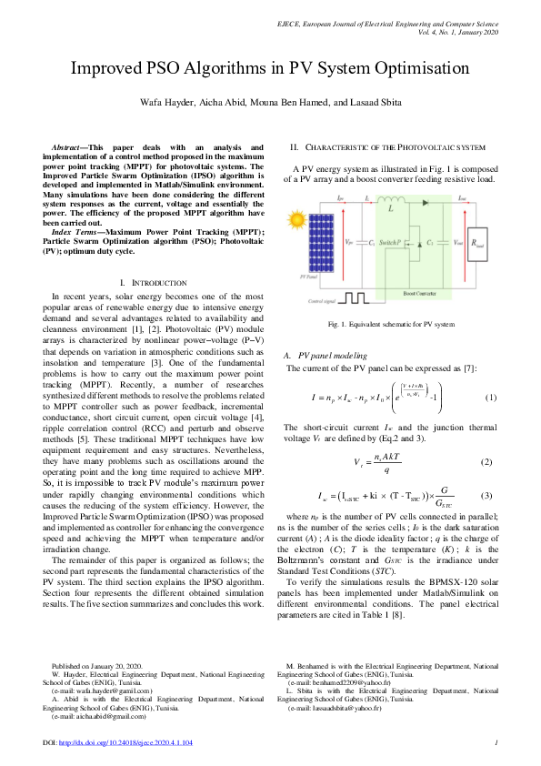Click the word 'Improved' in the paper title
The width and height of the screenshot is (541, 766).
point(111,68)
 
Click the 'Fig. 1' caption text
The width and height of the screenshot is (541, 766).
point(390,324)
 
